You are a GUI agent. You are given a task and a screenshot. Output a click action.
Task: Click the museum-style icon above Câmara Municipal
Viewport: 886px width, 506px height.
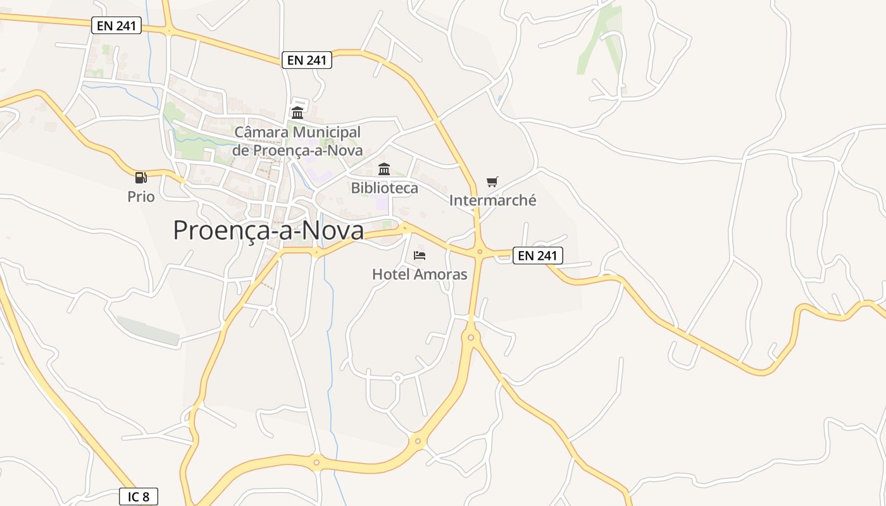click(x=297, y=113)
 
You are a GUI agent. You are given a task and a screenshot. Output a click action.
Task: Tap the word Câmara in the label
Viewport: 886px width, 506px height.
click(x=261, y=133)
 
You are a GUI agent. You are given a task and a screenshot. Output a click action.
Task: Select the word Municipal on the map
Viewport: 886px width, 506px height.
click(x=327, y=133)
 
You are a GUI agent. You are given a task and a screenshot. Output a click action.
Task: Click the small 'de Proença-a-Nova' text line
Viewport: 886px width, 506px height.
click(x=297, y=151)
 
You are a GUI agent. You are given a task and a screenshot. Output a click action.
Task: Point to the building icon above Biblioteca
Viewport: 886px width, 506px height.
click(x=384, y=169)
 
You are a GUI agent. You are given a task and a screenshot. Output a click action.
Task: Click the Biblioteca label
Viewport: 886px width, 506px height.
click(x=384, y=188)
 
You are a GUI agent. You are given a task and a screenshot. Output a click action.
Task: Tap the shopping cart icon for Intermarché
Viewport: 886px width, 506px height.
click(x=492, y=182)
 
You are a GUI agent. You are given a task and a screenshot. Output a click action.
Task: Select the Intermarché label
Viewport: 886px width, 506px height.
click(x=492, y=201)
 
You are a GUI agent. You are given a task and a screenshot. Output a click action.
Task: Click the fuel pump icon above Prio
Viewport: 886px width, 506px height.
click(x=140, y=178)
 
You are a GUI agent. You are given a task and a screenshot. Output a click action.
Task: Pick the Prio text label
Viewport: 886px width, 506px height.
click(x=140, y=197)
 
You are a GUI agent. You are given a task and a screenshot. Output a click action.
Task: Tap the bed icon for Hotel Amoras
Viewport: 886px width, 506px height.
click(x=420, y=256)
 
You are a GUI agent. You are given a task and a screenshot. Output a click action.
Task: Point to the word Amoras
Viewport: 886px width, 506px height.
click(x=440, y=275)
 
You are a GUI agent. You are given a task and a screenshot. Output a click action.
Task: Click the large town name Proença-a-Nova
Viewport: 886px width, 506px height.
click(x=268, y=231)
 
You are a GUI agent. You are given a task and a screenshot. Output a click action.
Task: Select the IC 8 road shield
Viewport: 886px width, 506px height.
click(x=139, y=497)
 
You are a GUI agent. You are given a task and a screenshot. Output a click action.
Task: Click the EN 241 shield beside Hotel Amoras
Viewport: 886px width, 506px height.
click(x=537, y=256)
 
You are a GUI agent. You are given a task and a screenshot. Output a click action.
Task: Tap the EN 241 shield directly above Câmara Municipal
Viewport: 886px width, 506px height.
click(x=306, y=60)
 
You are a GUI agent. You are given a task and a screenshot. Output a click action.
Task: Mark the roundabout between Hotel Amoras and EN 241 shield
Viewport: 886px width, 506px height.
click(x=480, y=252)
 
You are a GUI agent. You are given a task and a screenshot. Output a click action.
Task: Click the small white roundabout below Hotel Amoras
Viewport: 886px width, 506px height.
click(x=397, y=378)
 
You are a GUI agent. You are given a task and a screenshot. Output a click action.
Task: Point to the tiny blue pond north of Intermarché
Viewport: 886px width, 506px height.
click(x=500, y=99)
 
